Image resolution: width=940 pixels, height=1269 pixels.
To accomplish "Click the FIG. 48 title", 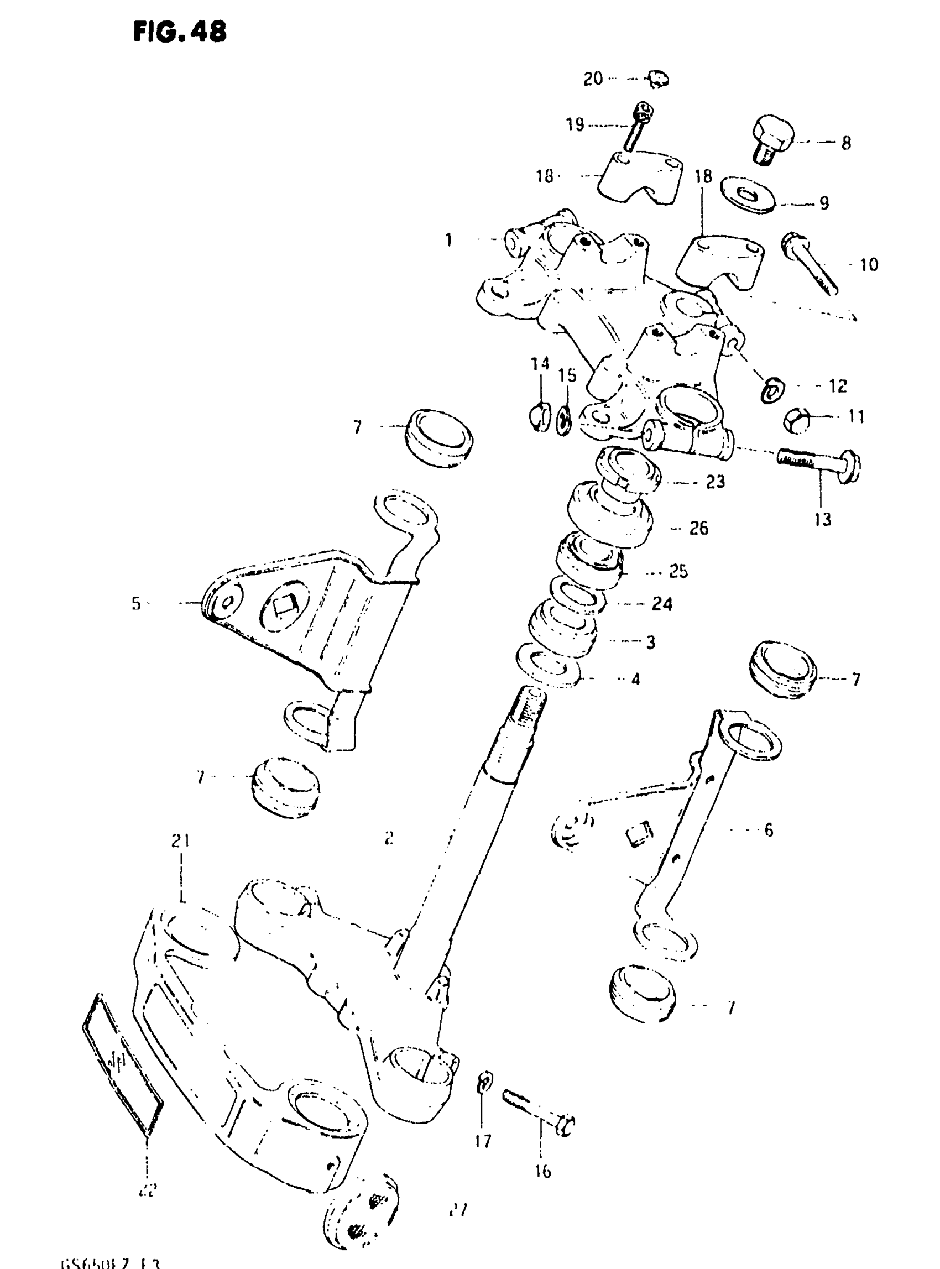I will [180, 32].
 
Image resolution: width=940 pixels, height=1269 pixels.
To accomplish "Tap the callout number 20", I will [593, 79].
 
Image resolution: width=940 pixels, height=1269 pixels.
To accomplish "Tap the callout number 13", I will [822, 519].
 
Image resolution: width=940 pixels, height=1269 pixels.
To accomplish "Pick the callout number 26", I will [699, 528].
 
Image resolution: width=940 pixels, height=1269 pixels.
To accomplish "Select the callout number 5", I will [136, 603].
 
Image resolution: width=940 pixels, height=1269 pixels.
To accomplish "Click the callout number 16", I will [543, 1171].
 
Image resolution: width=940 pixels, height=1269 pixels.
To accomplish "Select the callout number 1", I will [449, 240].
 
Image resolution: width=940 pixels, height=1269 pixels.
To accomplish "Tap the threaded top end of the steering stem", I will [531, 706].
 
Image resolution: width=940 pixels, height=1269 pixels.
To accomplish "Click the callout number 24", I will [662, 604].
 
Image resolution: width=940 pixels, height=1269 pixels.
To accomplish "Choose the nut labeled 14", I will [540, 417].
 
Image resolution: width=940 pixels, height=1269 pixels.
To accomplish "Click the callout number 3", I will [651, 642].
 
